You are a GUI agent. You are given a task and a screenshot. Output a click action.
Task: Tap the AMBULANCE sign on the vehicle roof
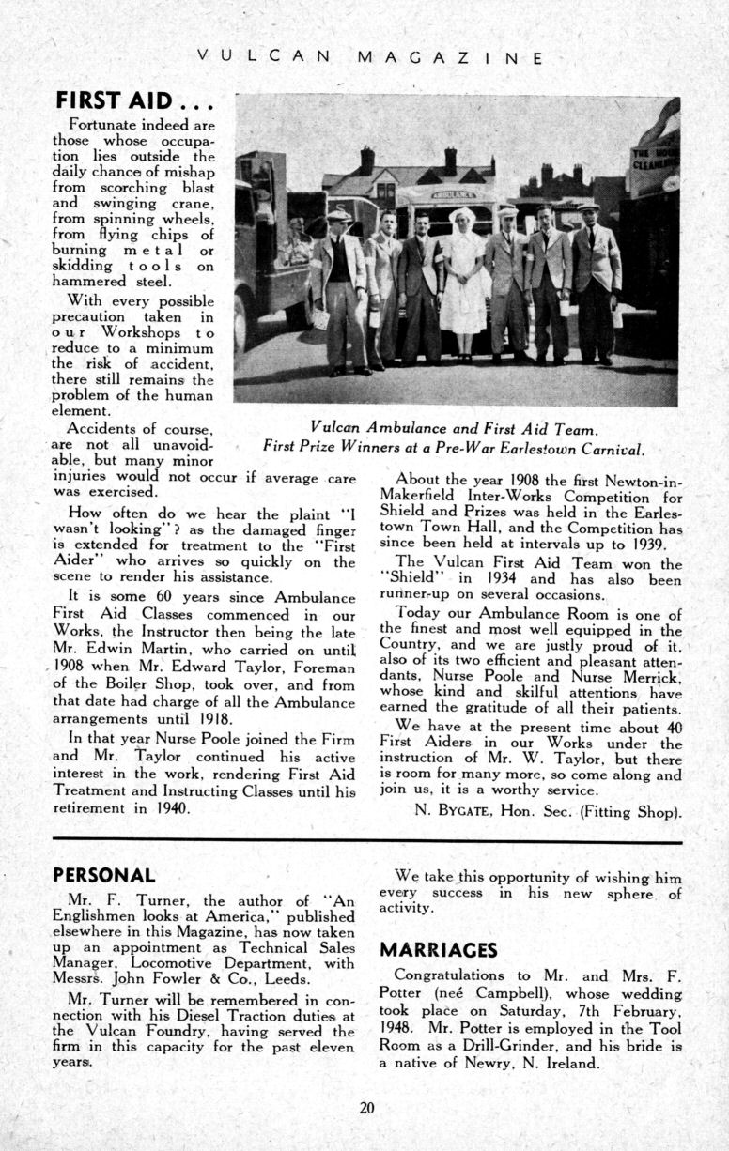(x=453, y=194)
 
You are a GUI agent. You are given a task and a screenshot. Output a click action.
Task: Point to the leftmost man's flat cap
(x=338, y=215)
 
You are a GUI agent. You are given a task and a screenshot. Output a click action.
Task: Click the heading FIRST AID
(x=137, y=100)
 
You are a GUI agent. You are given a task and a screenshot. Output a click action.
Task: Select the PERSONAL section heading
(x=103, y=875)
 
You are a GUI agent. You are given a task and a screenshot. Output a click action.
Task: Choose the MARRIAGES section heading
(x=438, y=949)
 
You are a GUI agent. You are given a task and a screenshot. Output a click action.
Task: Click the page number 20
(x=366, y=1107)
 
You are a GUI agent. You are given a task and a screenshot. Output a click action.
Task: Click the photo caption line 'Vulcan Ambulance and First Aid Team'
(x=454, y=428)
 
